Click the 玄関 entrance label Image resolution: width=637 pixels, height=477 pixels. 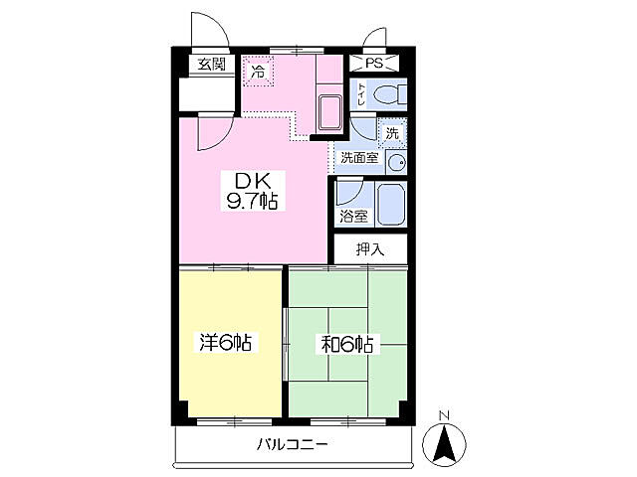tap(211, 64)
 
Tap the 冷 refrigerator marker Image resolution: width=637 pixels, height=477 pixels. tap(258, 72)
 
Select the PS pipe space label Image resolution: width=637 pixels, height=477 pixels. tap(374, 63)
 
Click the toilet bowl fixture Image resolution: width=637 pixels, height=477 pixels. tap(389, 95)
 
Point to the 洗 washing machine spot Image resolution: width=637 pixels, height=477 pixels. tap(392, 133)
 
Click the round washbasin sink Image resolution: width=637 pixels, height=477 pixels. tap(396, 163)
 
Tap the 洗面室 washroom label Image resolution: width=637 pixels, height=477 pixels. tap(359, 158)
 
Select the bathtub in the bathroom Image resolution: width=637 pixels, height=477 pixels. tap(391, 204)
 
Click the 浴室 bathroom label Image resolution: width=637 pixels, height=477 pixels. tap(353, 217)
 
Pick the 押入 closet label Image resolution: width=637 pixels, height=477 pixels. tap(370, 249)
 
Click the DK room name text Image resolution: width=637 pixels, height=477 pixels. tap(253, 181)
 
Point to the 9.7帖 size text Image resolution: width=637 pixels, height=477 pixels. tap(252, 201)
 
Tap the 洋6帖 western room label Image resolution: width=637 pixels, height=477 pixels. tap(225, 342)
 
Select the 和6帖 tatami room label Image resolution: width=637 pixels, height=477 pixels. tap(346, 345)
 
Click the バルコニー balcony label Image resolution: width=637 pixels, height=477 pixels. tap(292, 445)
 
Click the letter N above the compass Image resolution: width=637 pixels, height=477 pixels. tap(444, 415)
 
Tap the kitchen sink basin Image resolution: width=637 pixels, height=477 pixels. tap(329, 113)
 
